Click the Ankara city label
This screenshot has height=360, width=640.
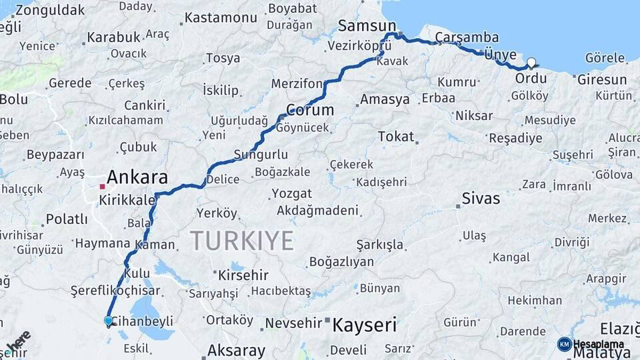click(x=137, y=177)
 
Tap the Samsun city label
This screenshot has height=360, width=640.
click(x=367, y=25)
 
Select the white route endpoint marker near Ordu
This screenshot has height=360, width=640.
click(x=531, y=63)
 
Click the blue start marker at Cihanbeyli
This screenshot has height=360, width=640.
click(x=109, y=321)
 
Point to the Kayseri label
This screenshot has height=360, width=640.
click(x=364, y=325)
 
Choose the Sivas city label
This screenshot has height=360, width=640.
click(x=481, y=198)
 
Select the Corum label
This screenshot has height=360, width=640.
click(x=310, y=109)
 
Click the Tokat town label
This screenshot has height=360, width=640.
click(x=396, y=136)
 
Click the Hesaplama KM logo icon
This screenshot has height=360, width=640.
click(x=565, y=344)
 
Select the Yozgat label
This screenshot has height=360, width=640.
click(x=291, y=194)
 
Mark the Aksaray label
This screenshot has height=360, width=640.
click(x=236, y=349)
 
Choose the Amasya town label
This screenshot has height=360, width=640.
click(x=385, y=100)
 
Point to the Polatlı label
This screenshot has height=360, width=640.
click(x=67, y=219)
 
